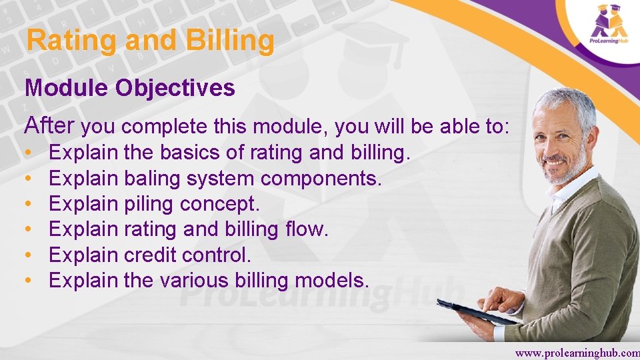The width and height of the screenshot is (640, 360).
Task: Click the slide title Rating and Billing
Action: tap(150, 41)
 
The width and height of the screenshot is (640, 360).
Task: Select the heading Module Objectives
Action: tap(130, 88)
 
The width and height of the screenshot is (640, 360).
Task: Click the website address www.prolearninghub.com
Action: tap(577, 353)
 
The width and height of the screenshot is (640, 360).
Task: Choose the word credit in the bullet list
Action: tap(150, 255)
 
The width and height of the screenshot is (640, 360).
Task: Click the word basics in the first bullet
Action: tap(189, 153)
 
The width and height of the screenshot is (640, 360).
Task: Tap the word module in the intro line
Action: tap(298, 125)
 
